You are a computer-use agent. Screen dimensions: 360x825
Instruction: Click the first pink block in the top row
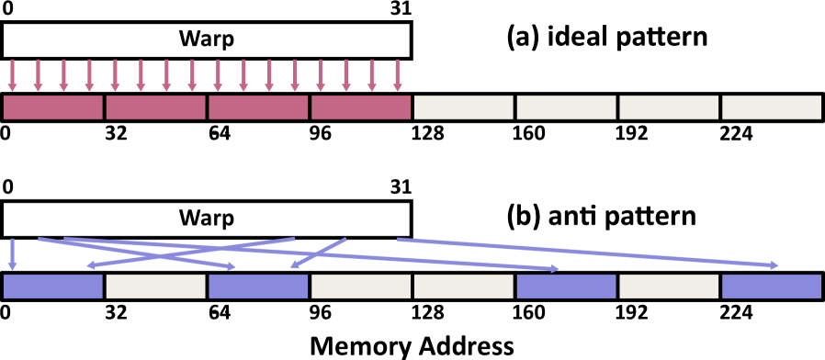click(53, 107)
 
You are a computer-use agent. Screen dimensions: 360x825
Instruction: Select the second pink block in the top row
click(156, 107)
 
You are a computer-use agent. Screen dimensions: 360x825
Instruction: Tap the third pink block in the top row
click(258, 107)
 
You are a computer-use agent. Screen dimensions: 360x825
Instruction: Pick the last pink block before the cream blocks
click(361, 107)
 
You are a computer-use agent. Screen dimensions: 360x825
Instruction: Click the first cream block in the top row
click(464, 107)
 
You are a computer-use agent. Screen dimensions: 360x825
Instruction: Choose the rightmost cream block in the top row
click(772, 107)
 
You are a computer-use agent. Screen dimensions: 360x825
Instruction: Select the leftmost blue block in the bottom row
click(53, 287)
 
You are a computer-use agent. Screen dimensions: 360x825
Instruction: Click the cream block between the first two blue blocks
click(156, 287)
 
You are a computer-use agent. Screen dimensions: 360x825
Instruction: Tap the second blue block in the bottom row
click(258, 287)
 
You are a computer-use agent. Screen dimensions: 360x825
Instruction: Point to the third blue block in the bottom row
click(566, 287)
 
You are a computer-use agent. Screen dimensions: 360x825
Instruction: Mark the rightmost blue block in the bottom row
click(772, 287)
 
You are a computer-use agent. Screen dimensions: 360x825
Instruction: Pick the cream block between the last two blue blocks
click(669, 287)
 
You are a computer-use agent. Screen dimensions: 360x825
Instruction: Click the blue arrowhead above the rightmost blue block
click(774, 265)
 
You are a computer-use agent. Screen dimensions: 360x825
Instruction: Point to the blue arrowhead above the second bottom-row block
click(91, 265)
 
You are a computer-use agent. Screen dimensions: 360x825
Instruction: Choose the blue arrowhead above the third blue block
click(554, 269)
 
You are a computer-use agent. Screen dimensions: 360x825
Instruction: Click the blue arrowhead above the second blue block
click(232, 267)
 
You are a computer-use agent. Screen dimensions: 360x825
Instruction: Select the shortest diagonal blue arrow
click(319, 253)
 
